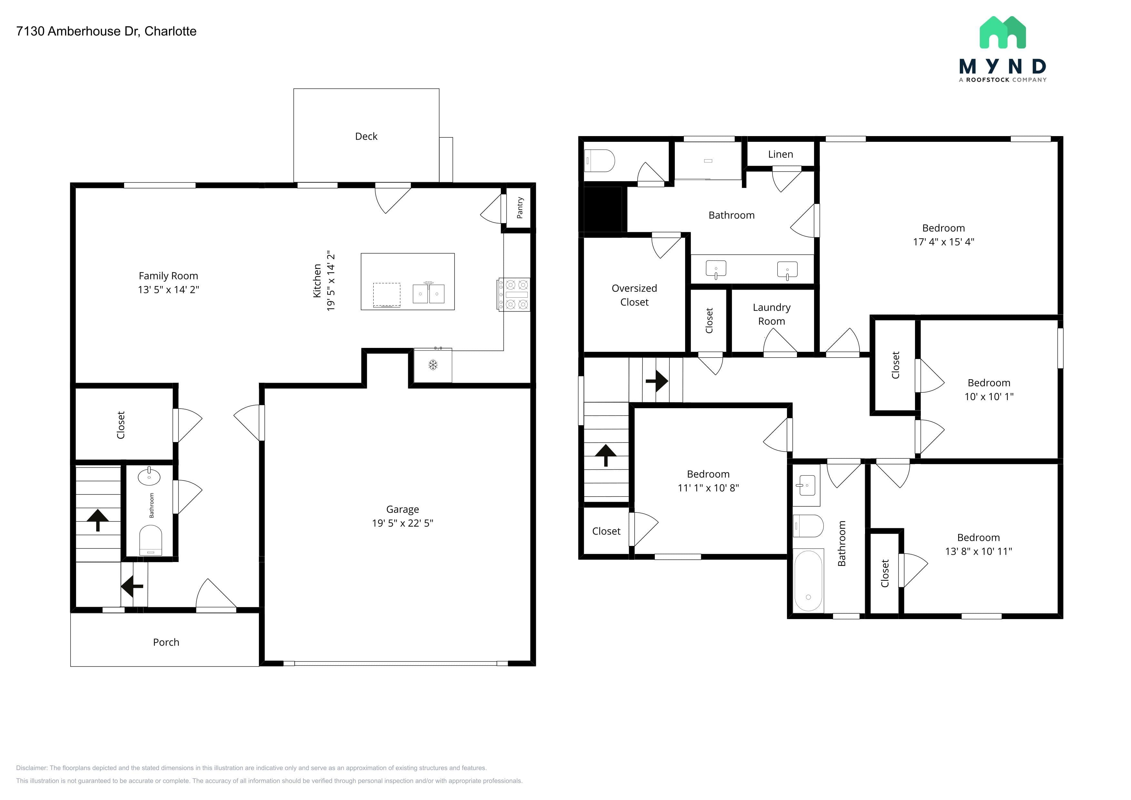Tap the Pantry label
click(x=520, y=208)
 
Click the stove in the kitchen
click(x=513, y=295)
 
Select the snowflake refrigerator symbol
click(x=432, y=365)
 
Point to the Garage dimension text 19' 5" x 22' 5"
click(x=402, y=523)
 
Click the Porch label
click(x=166, y=642)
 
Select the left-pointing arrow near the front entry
click(x=132, y=586)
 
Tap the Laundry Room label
click(x=772, y=314)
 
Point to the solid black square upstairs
click(x=603, y=209)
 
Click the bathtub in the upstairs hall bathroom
click(x=808, y=581)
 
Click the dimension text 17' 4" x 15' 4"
click(x=943, y=242)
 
